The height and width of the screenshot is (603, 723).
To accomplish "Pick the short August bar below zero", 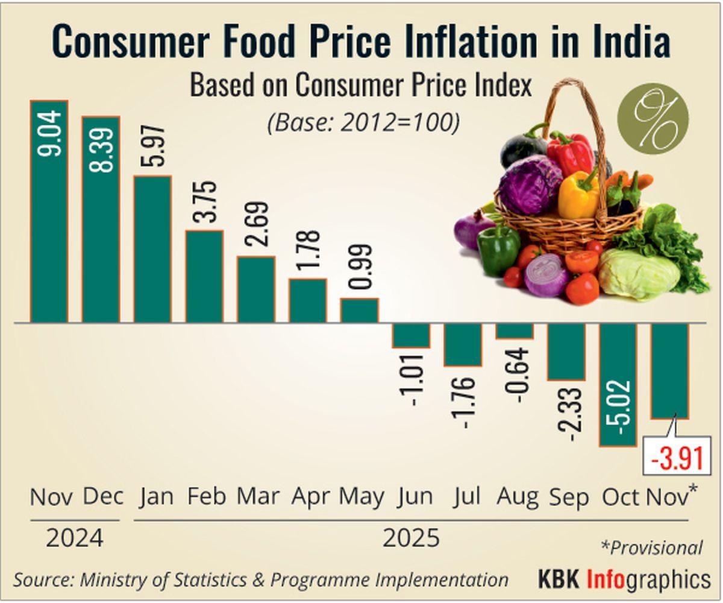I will (515, 331).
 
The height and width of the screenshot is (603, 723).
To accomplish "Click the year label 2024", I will (74, 537).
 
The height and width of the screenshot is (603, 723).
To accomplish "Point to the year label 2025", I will (411, 537).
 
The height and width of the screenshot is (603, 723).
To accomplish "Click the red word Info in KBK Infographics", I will (607, 579).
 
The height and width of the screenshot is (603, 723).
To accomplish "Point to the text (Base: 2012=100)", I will (363, 122).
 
